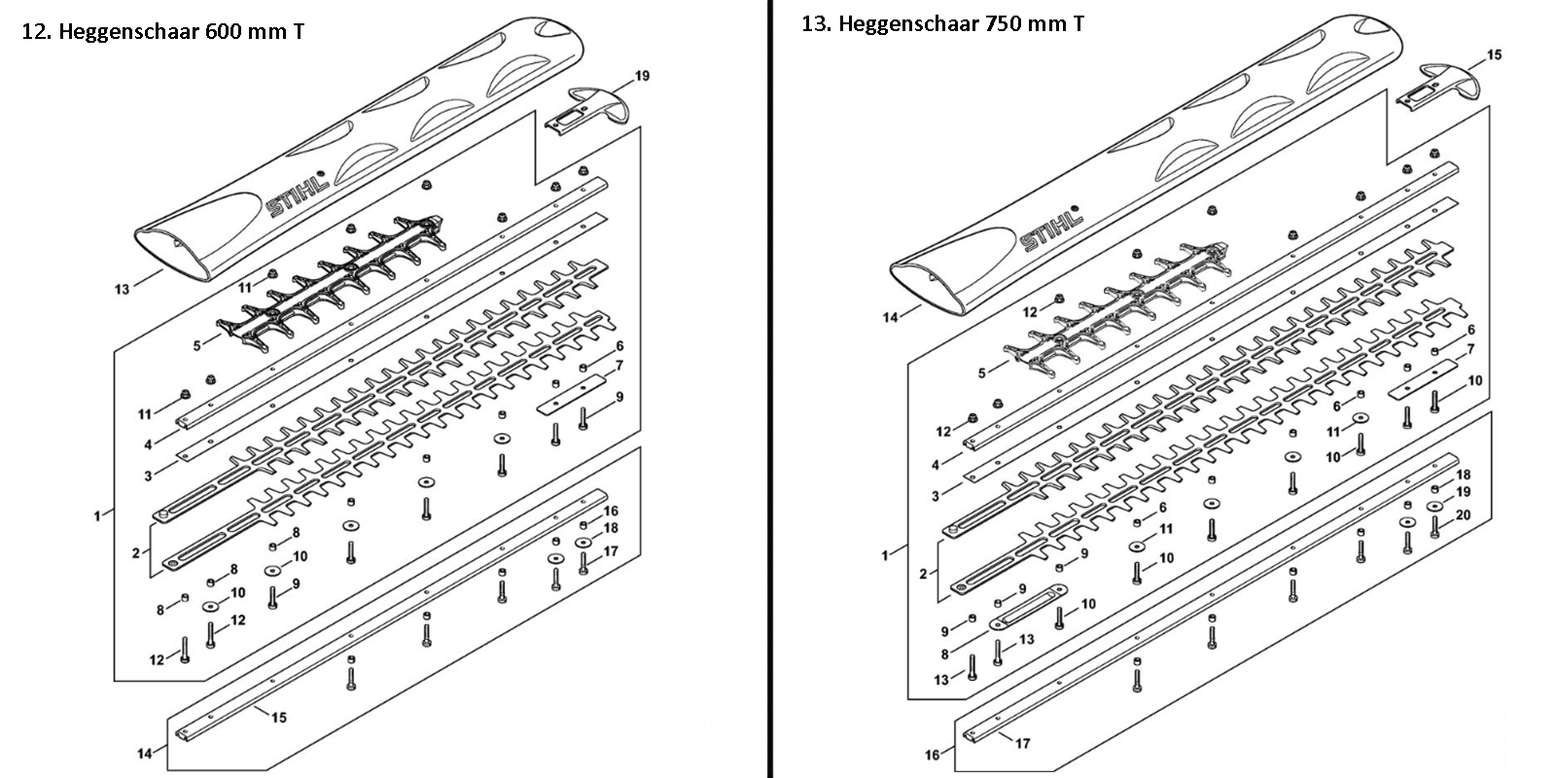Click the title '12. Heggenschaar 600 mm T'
pyautogui.click(x=163, y=32)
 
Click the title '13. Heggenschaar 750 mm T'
pyautogui.click(x=942, y=23)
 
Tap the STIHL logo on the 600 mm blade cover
pyautogui.click(x=298, y=195)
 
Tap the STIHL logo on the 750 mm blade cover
pyautogui.click(x=1052, y=230)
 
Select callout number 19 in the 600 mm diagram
pyautogui.click(x=642, y=76)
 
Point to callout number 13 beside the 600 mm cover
pyautogui.click(x=122, y=289)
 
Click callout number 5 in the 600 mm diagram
pyautogui.click(x=196, y=345)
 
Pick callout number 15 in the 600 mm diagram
pyautogui.click(x=278, y=717)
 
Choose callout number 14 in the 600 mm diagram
pyautogui.click(x=144, y=754)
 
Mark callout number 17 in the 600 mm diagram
pyautogui.click(x=611, y=551)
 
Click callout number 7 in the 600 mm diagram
pyautogui.click(x=619, y=366)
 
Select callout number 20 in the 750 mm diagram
pyautogui.click(x=1463, y=515)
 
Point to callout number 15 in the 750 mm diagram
pyautogui.click(x=1494, y=54)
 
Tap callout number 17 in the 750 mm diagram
pyautogui.click(x=1022, y=743)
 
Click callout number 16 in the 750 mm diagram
pyautogui.click(x=932, y=755)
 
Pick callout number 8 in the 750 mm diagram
pyautogui.click(x=944, y=654)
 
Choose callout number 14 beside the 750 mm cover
pyautogui.click(x=890, y=317)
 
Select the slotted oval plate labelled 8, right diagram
pyautogui.click(x=1028, y=606)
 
